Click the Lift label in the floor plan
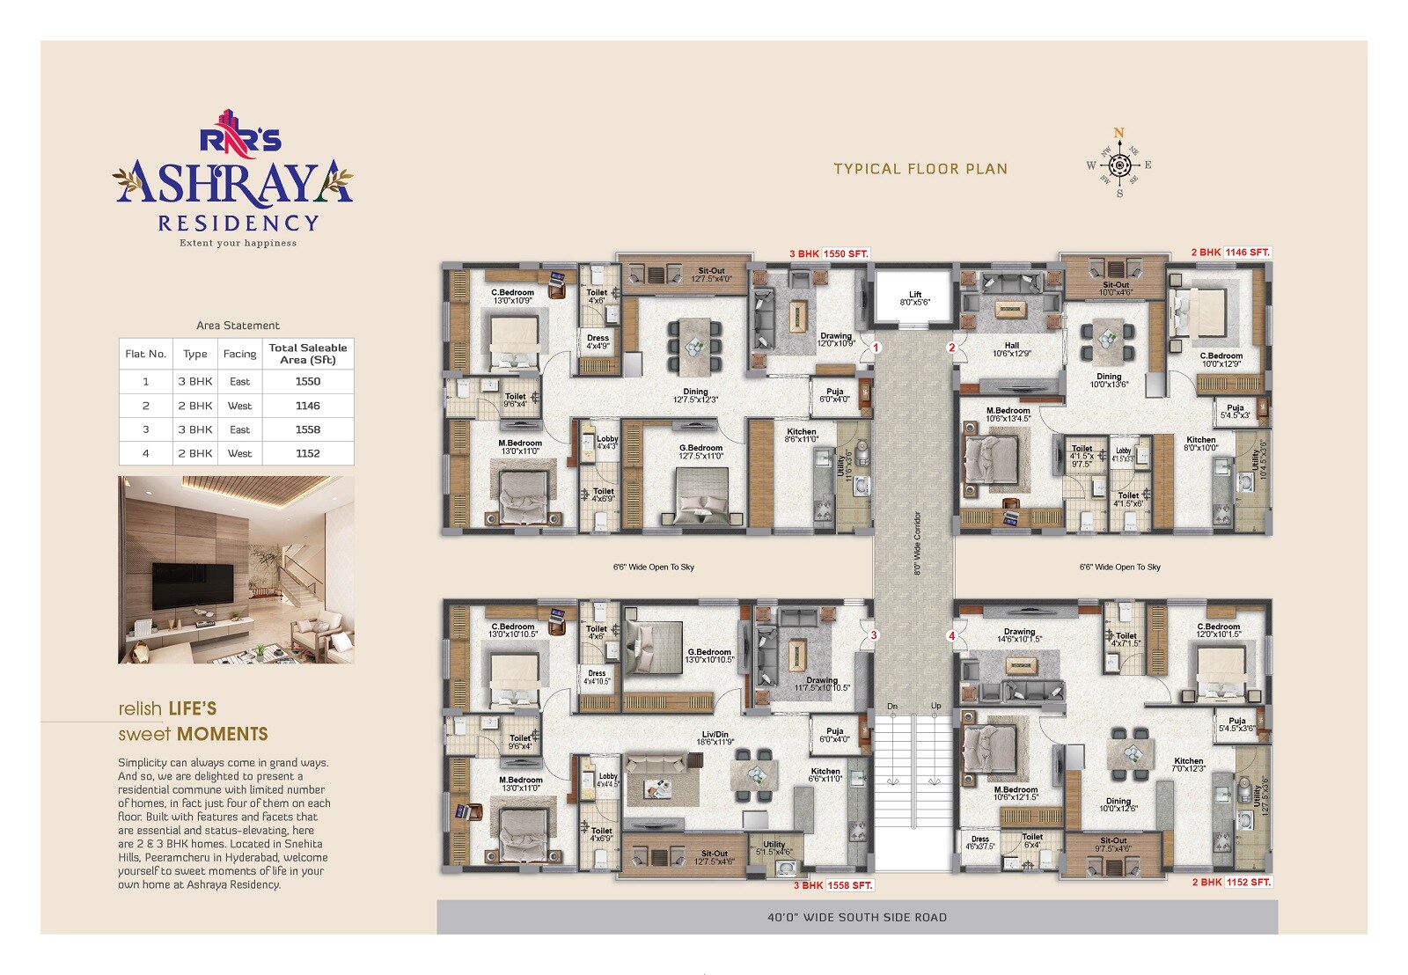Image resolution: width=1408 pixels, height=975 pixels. click(915, 295)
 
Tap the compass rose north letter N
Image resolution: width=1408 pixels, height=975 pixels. click(1119, 134)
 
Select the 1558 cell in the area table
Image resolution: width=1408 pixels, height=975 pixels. click(308, 429)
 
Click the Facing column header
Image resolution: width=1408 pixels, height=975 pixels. click(239, 354)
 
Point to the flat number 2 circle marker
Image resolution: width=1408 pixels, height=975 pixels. click(951, 348)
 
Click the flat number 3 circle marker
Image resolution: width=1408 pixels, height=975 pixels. click(874, 635)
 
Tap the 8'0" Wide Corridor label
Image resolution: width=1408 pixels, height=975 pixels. click(917, 543)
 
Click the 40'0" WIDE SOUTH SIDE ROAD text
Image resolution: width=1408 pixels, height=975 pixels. click(857, 917)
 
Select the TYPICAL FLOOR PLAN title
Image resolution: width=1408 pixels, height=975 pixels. click(920, 169)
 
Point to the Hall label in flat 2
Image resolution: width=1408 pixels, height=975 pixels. click(1011, 345)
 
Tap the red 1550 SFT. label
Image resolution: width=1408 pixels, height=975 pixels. click(846, 253)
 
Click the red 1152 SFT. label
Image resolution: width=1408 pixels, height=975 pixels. click(1249, 882)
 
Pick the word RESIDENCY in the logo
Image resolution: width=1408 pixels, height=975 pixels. click(238, 224)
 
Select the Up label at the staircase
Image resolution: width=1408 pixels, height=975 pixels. click(935, 706)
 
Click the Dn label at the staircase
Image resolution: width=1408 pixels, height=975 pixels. click(892, 706)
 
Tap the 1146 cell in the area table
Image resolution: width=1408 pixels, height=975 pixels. click(308, 406)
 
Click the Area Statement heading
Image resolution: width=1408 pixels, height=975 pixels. click(238, 326)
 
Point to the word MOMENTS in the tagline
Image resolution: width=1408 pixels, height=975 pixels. click(223, 734)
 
